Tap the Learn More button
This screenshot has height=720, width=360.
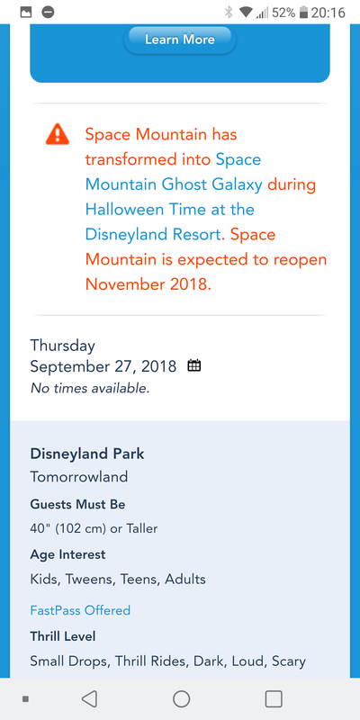pos(179,40)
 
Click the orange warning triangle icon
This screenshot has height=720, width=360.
pos(58,134)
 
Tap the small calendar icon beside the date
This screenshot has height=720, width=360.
pos(194,366)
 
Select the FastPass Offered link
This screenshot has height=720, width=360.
pos(80,610)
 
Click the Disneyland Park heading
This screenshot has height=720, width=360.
pos(87,454)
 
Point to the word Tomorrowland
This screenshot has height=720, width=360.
pos(79,477)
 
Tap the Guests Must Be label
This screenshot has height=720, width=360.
pos(77,504)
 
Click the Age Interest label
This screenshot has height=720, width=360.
pos(68,554)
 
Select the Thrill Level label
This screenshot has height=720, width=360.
pos(63,636)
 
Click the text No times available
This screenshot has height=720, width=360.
pos(90,389)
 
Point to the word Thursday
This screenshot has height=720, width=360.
pos(63,346)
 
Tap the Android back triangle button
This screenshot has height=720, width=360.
pos(89,699)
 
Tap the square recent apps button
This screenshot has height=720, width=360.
pos(274,699)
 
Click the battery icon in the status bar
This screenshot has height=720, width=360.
pos(303,13)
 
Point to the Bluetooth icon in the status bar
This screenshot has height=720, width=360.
pos(229,13)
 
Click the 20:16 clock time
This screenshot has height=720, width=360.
pos(328,13)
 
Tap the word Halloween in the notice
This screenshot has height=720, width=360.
pos(124,210)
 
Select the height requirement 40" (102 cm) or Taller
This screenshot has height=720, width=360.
pos(94,529)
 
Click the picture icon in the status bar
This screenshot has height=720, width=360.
pos(26,13)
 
